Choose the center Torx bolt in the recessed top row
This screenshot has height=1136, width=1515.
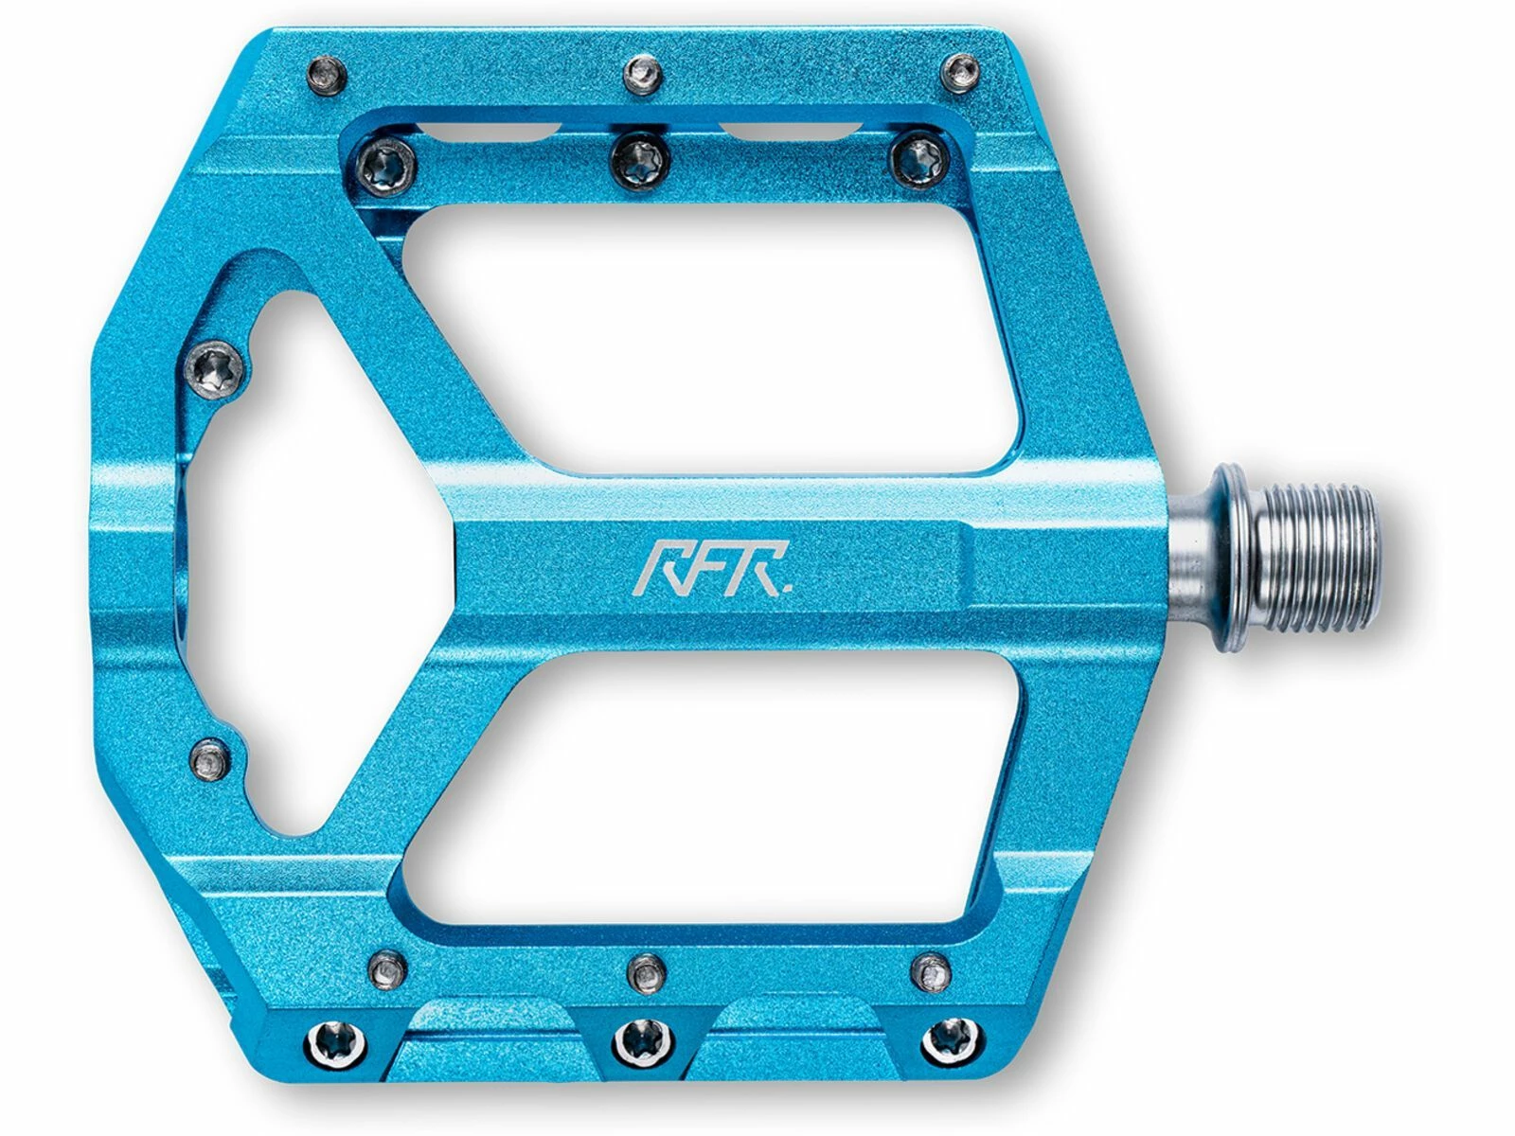pyautogui.click(x=641, y=157)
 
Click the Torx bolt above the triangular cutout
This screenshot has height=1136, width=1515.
pyautogui.click(x=217, y=364)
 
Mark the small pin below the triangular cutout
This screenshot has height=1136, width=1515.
pyautogui.click(x=210, y=756)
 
